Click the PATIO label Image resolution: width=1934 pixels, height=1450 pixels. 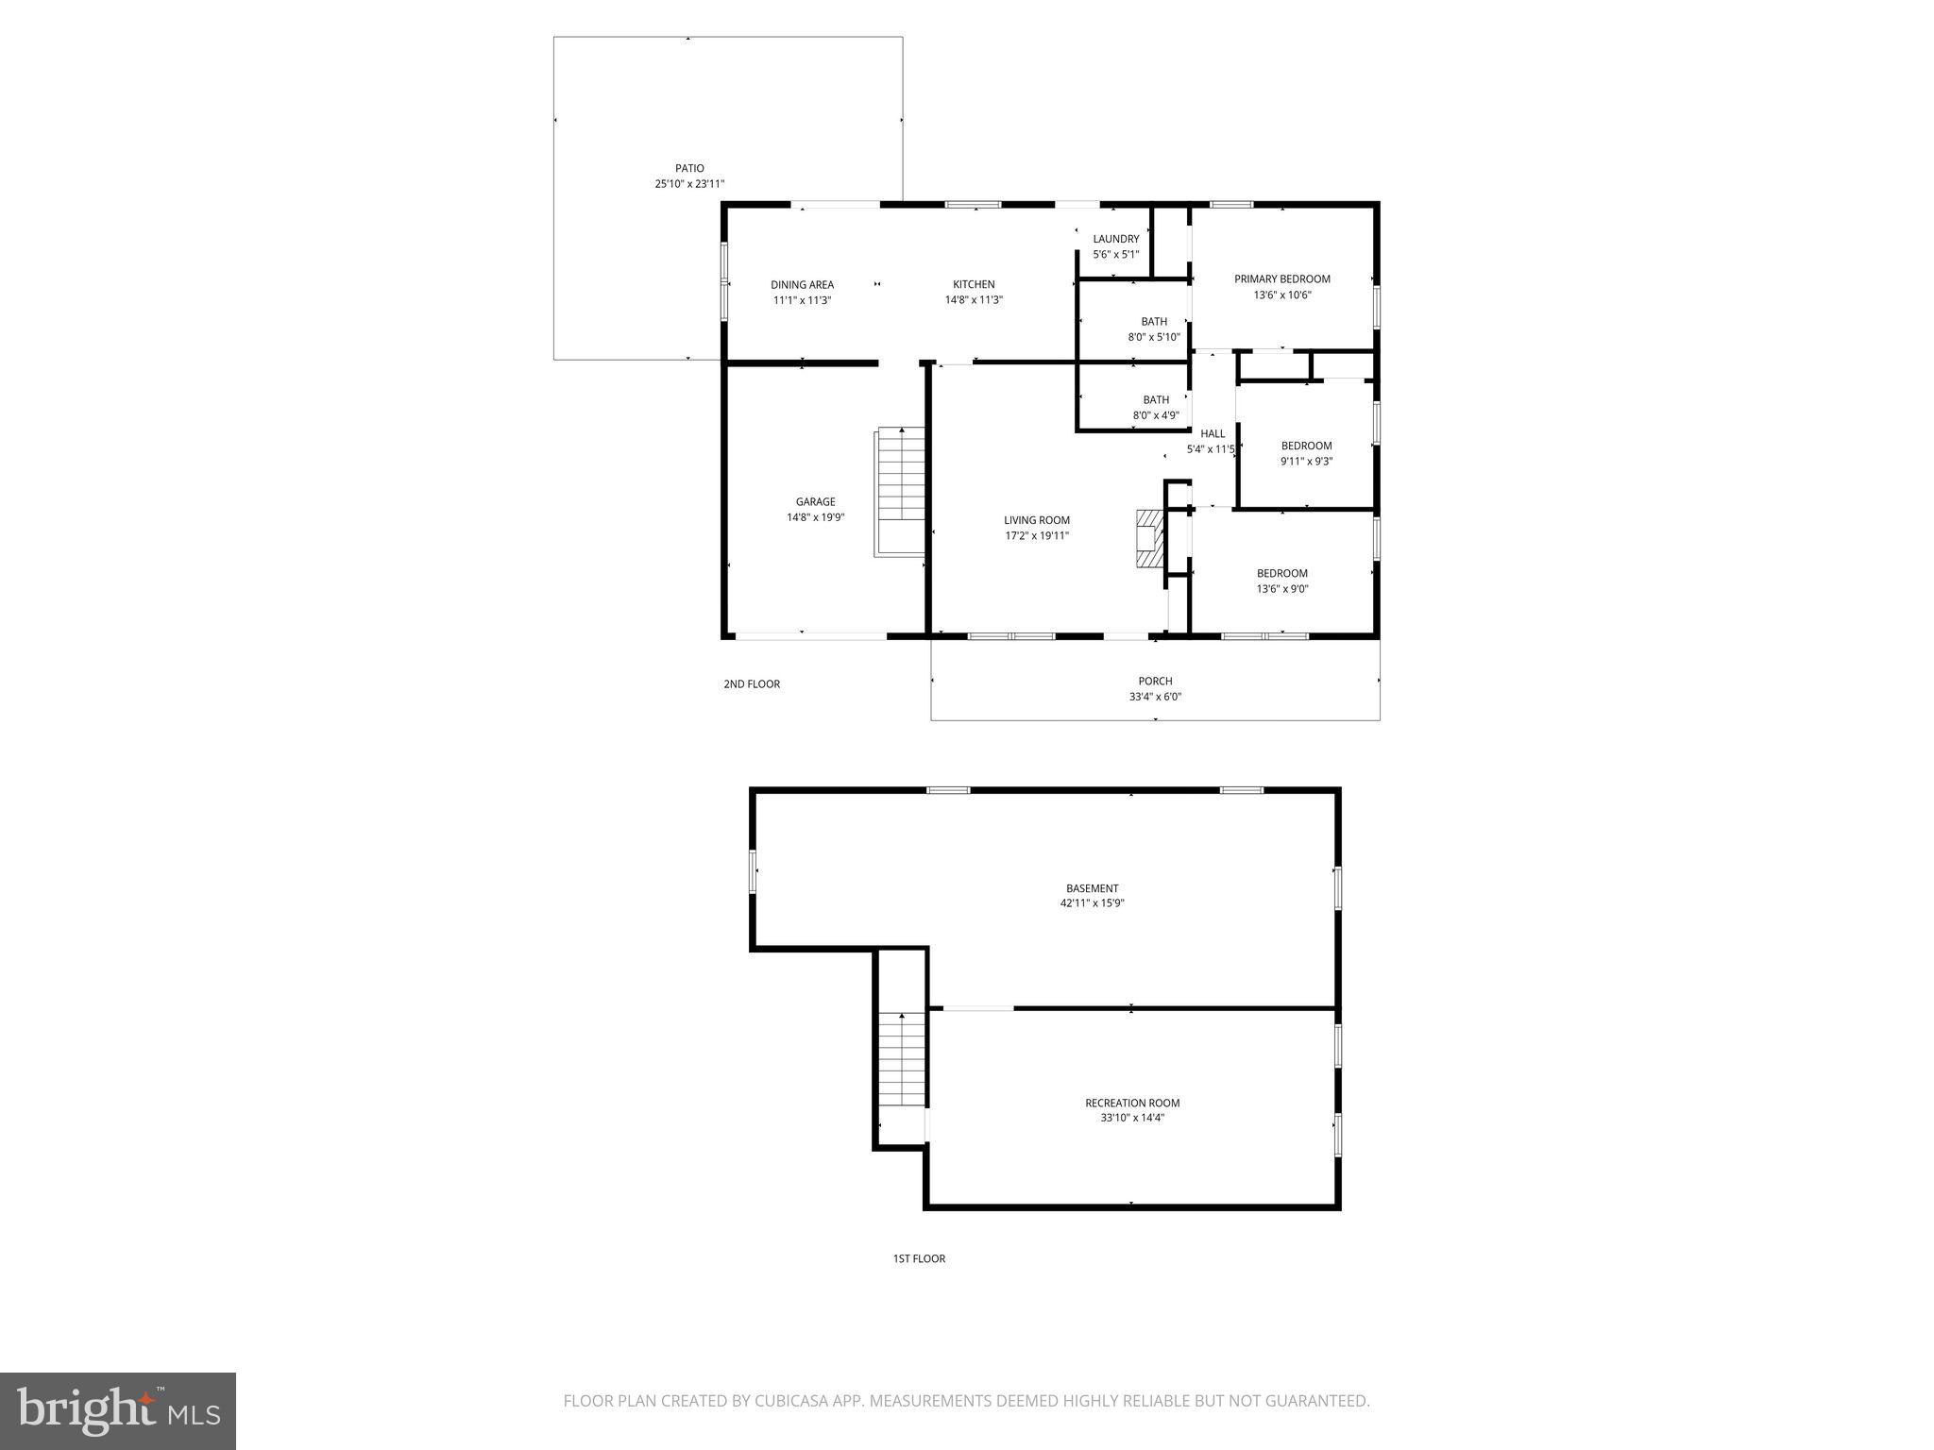pos(689,169)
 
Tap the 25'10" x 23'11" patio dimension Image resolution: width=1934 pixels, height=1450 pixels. pos(689,184)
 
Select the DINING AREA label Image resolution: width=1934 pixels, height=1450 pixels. pos(802,285)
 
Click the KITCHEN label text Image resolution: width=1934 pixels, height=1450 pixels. pos(974,285)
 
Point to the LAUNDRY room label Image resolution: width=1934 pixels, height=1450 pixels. pos(1116,240)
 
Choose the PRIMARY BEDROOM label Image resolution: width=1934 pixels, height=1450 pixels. pos(1282,279)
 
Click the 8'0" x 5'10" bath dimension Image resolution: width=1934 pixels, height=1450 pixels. pos(1154,337)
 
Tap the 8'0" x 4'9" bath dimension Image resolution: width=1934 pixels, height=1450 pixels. pos(1156,415)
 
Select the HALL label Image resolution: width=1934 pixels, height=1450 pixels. pos(1213,434)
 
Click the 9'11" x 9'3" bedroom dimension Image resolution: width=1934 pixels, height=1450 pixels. pos(1306,462)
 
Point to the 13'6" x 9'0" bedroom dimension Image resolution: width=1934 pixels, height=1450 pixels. pos(1282,589)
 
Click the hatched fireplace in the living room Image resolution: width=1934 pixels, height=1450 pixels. pos(1148,539)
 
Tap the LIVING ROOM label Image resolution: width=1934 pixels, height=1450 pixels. pos(1037,520)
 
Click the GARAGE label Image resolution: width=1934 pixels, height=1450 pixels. pos(815,502)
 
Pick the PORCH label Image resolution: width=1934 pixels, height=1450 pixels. pos(1155,682)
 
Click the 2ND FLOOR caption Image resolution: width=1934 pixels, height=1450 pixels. pos(752,684)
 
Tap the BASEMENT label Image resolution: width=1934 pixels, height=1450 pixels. pos(1093,888)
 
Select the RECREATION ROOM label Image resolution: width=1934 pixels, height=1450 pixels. pos(1132,1103)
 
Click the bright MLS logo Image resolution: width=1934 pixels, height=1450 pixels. pos(118,1410)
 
